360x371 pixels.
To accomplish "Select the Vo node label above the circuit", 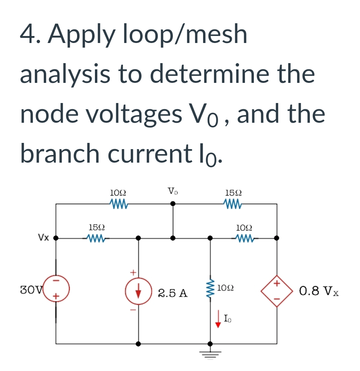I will click(x=173, y=191).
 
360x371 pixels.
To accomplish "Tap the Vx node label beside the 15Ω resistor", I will click(x=43, y=237).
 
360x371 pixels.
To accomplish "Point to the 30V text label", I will click(x=29, y=289).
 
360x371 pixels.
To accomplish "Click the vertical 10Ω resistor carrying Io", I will click(x=210, y=289).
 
